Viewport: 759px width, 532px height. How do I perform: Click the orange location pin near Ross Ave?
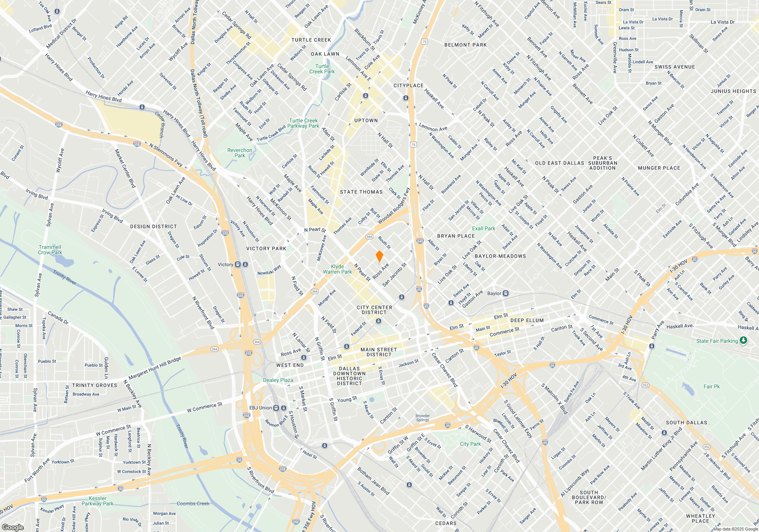pos(379,256)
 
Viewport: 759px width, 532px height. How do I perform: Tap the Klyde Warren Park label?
pos(337,269)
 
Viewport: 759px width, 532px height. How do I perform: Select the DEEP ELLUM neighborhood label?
pos(527,320)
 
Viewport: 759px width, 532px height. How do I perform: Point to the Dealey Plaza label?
pos(278,380)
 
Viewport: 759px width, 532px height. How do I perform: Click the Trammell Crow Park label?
pos(50,250)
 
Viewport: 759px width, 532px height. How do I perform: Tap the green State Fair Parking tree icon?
pos(743,340)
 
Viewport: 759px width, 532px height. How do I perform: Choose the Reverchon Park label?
pos(240,153)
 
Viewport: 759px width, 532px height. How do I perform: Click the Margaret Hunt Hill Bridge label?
pos(155,368)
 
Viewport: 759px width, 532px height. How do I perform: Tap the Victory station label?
pos(225,264)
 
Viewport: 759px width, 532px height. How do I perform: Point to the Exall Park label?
pos(483,228)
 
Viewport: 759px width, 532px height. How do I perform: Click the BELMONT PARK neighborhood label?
pos(465,45)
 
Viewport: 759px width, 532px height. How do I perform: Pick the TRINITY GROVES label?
pos(95,385)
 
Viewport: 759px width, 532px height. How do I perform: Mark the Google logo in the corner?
pos(13,527)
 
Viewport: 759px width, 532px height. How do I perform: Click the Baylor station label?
pos(494,293)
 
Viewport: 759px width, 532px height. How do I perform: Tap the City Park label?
pos(470,444)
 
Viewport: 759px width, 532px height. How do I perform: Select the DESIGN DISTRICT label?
pos(153,226)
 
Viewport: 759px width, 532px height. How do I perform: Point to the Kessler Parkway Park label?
pos(98,501)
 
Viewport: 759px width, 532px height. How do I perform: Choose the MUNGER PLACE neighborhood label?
pos(659,168)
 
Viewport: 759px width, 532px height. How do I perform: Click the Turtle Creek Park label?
pos(322,69)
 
